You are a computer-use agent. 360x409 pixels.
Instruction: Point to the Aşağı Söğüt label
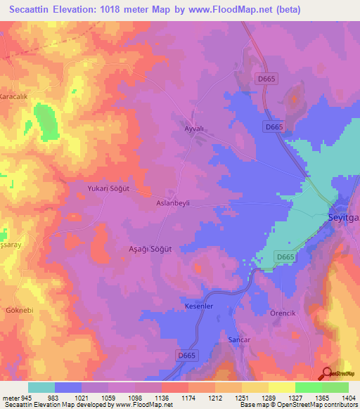tap(150, 249)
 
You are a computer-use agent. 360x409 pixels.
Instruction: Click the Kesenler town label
tap(198, 307)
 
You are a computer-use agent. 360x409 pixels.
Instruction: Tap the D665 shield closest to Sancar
tap(186, 356)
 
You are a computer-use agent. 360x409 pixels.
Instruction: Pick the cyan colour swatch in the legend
tap(41, 387)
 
